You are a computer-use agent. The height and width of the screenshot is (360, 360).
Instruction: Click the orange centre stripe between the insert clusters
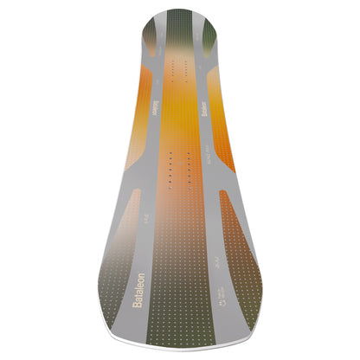click(x=178, y=117)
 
